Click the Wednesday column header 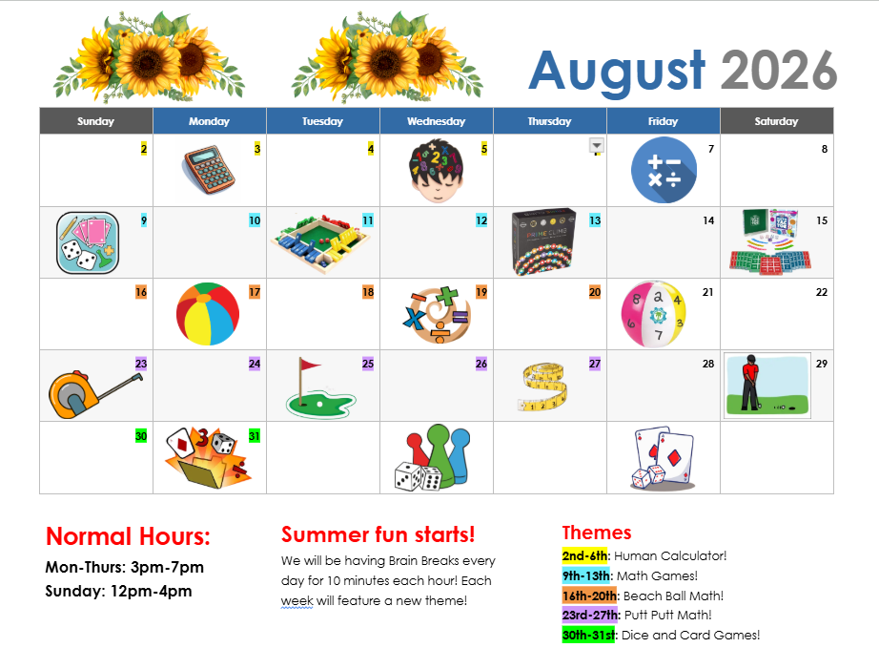pos(436,121)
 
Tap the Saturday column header pos(776,121)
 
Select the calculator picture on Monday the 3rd pos(209,170)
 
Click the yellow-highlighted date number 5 pos(483,149)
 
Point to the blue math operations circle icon pos(664,170)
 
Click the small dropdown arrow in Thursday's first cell pos(597,146)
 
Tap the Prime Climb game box pos(544,241)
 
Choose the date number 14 pos(708,220)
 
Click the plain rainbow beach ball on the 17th pos(208,314)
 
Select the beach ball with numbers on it pos(654,314)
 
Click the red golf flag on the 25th pos(309,366)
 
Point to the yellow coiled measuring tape pos(542,387)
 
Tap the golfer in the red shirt pos(749,382)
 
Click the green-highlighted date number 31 pos(254,436)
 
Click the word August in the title pos(617,71)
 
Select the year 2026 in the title pos(779,71)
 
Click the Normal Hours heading pos(128,536)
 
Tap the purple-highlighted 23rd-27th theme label pos(591,616)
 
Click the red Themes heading pos(597,533)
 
